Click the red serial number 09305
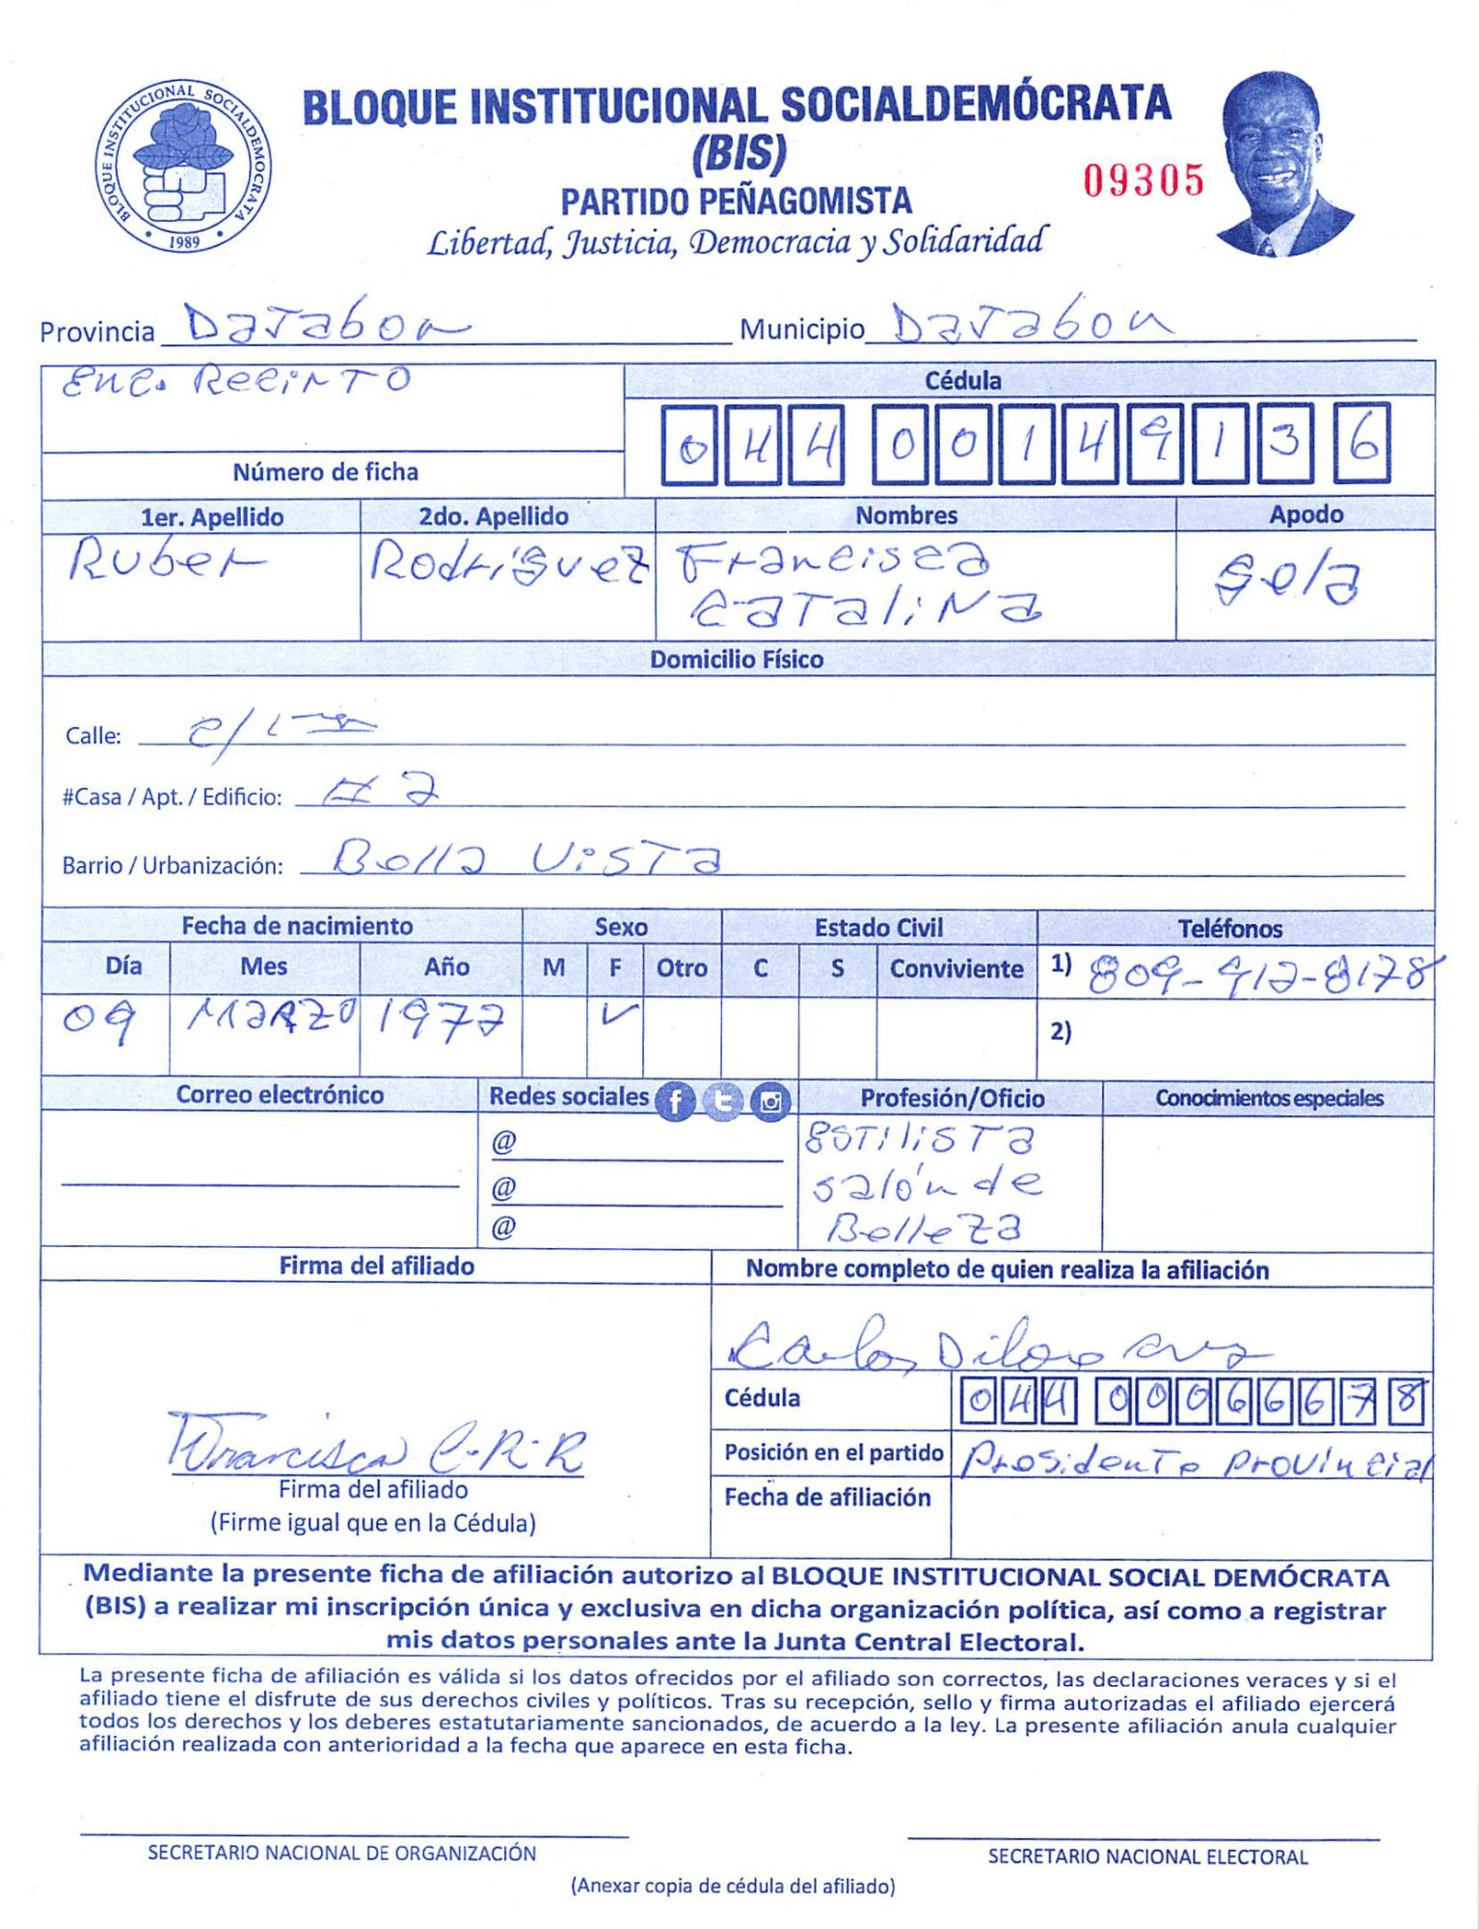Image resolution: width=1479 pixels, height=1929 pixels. (x=1143, y=180)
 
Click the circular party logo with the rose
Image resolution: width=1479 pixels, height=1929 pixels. (x=182, y=166)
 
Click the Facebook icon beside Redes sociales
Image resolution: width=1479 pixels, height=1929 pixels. (x=675, y=1101)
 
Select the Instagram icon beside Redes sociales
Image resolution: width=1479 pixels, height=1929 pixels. (x=770, y=1101)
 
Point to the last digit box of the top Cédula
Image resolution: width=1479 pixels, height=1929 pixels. (x=1361, y=445)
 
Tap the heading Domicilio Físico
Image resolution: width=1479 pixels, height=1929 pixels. (x=737, y=660)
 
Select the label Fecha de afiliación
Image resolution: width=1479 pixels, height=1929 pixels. (x=827, y=1497)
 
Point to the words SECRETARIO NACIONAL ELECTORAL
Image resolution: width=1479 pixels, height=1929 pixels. (x=1147, y=1857)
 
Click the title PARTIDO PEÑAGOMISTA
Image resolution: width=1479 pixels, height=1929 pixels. (x=736, y=202)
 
